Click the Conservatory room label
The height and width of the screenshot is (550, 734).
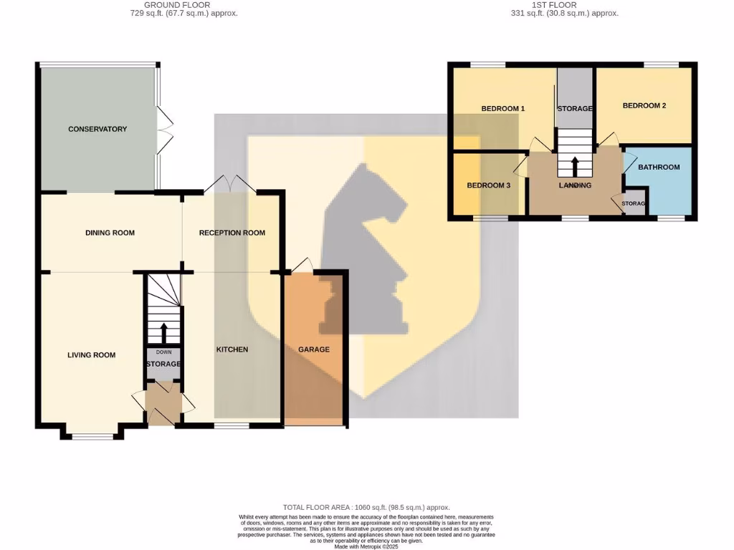pos(97,129)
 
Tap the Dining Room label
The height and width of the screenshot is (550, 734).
pos(110,233)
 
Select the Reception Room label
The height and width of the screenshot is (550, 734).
pos(232,233)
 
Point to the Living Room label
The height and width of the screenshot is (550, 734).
pos(91,355)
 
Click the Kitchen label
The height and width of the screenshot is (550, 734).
pos(232,349)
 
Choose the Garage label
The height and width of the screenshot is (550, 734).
pos(314,349)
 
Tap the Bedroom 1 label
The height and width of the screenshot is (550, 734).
pos(502,109)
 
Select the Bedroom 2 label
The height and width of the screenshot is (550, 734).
pos(644,105)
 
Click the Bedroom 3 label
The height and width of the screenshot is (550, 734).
pos(488,185)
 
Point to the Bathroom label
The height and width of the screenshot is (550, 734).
pos(659,168)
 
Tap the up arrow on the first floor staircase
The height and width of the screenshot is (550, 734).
pos(575,166)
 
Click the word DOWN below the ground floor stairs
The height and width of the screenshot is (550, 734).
pos(163,352)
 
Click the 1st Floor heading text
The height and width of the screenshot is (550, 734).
pos(554,5)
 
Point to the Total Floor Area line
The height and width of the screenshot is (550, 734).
pos(366,507)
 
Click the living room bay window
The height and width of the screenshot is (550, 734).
pos(92,435)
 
